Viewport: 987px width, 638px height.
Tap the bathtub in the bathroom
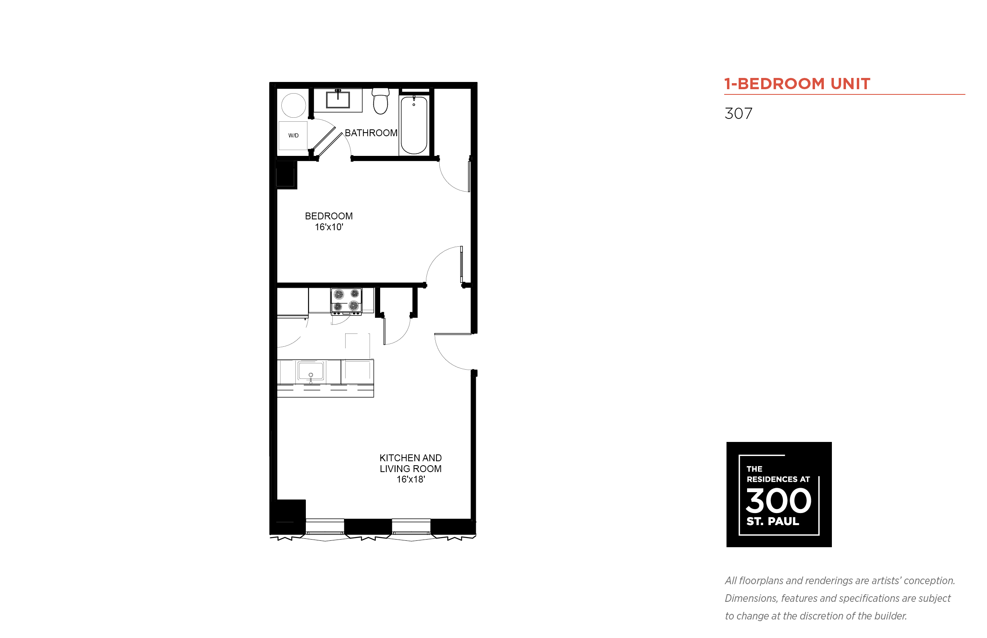click(x=414, y=125)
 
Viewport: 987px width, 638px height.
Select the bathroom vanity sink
click(x=338, y=99)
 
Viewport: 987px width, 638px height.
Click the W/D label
click(x=293, y=135)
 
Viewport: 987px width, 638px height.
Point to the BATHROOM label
click(x=371, y=133)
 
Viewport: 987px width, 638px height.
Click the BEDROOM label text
click(x=329, y=216)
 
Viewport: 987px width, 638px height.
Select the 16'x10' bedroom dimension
click(x=329, y=227)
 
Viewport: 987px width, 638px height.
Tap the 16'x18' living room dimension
click(x=410, y=479)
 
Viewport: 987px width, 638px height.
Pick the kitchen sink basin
click(x=310, y=370)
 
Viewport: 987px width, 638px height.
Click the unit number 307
click(x=738, y=114)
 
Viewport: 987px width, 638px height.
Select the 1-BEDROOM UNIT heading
click(x=797, y=84)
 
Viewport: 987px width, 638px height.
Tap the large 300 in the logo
click(x=778, y=501)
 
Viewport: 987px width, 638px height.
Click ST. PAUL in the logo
click(x=772, y=521)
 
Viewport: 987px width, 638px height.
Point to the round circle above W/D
click(x=293, y=105)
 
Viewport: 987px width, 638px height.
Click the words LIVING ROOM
click(x=410, y=468)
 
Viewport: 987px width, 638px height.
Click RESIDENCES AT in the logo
click(x=778, y=479)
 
